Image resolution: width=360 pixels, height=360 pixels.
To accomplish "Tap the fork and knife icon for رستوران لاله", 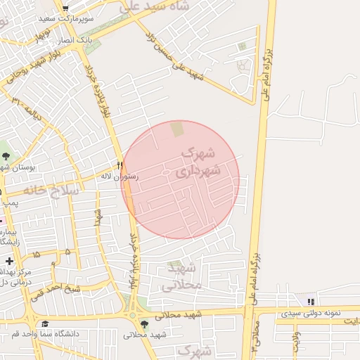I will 120,167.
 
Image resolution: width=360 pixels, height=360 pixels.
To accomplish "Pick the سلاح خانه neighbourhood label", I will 53,191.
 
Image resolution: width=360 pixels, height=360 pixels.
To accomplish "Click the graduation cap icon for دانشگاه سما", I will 45,323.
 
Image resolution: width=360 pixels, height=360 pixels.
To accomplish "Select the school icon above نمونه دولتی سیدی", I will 311,302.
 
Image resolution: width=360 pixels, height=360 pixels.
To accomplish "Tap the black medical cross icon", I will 9,262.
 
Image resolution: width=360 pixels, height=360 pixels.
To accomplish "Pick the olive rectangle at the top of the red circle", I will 176,129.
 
